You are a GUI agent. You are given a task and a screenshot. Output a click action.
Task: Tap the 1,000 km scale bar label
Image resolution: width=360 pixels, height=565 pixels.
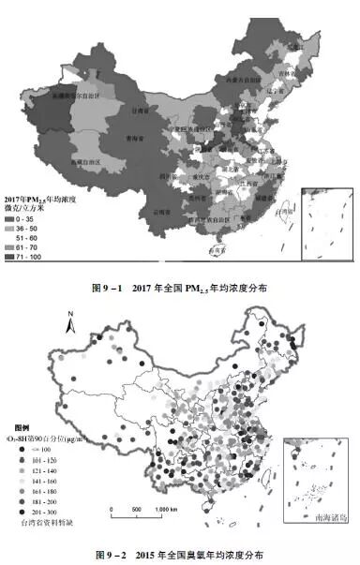[x=166, y=509]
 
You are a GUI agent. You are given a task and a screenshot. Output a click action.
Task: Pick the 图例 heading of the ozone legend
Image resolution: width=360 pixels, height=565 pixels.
[x=22, y=426]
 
